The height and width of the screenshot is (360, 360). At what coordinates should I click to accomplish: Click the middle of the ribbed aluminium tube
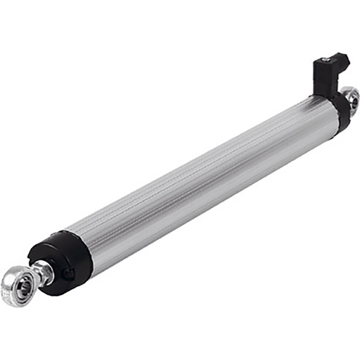(204, 180)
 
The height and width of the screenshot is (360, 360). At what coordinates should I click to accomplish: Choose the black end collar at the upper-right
(341, 112)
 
